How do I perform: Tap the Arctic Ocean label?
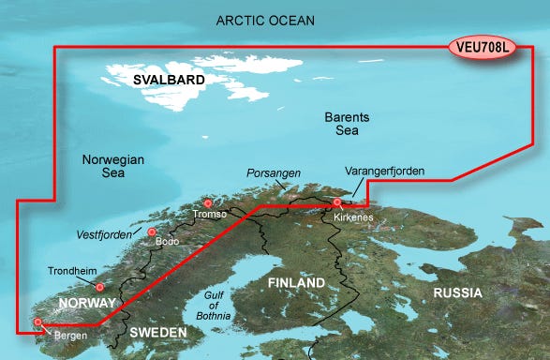(x=265, y=20)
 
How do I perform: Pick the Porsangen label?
(x=272, y=173)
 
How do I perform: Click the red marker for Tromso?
(x=208, y=203)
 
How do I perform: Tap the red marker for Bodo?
(x=152, y=232)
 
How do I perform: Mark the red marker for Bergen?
(x=37, y=322)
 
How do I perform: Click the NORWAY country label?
(x=86, y=304)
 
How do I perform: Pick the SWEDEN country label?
(x=157, y=333)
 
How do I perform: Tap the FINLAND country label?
(x=295, y=282)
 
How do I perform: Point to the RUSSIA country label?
(x=456, y=293)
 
